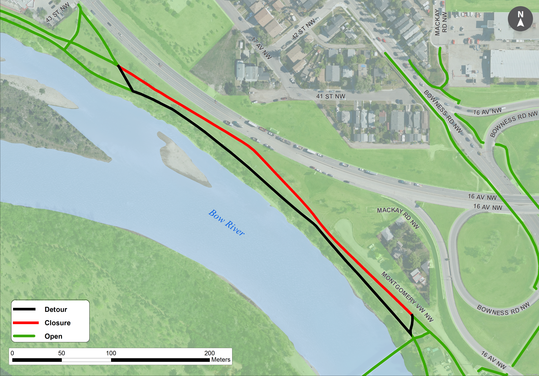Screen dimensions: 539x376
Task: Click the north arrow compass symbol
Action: click(x=520, y=19)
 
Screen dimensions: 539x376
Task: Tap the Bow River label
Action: click(x=226, y=222)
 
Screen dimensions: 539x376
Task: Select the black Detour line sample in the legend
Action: click(x=24, y=309)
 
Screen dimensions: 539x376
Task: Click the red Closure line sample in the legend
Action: click(x=26, y=323)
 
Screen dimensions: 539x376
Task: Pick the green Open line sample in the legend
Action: click(x=24, y=336)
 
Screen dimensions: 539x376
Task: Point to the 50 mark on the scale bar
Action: click(x=62, y=353)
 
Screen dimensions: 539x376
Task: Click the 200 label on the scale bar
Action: click(x=209, y=353)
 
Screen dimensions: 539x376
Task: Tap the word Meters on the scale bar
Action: click(x=221, y=360)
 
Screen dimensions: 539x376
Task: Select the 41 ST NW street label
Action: click(x=331, y=96)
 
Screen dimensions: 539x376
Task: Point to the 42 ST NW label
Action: click(x=303, y=29)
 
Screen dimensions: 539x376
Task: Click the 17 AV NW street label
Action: click(x=261, y=48)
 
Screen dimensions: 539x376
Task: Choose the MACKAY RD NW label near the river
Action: click(x=398, y=217)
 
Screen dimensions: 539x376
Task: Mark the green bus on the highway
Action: click(x=274, y=130)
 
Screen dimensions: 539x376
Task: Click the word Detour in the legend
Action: click(x=56, y=309)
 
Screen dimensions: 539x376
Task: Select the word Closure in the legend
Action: click(x=58, y=323)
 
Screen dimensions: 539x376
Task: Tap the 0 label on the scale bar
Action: click(x=12, y=353)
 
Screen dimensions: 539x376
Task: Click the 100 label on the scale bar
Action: click(x=111, y=353)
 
